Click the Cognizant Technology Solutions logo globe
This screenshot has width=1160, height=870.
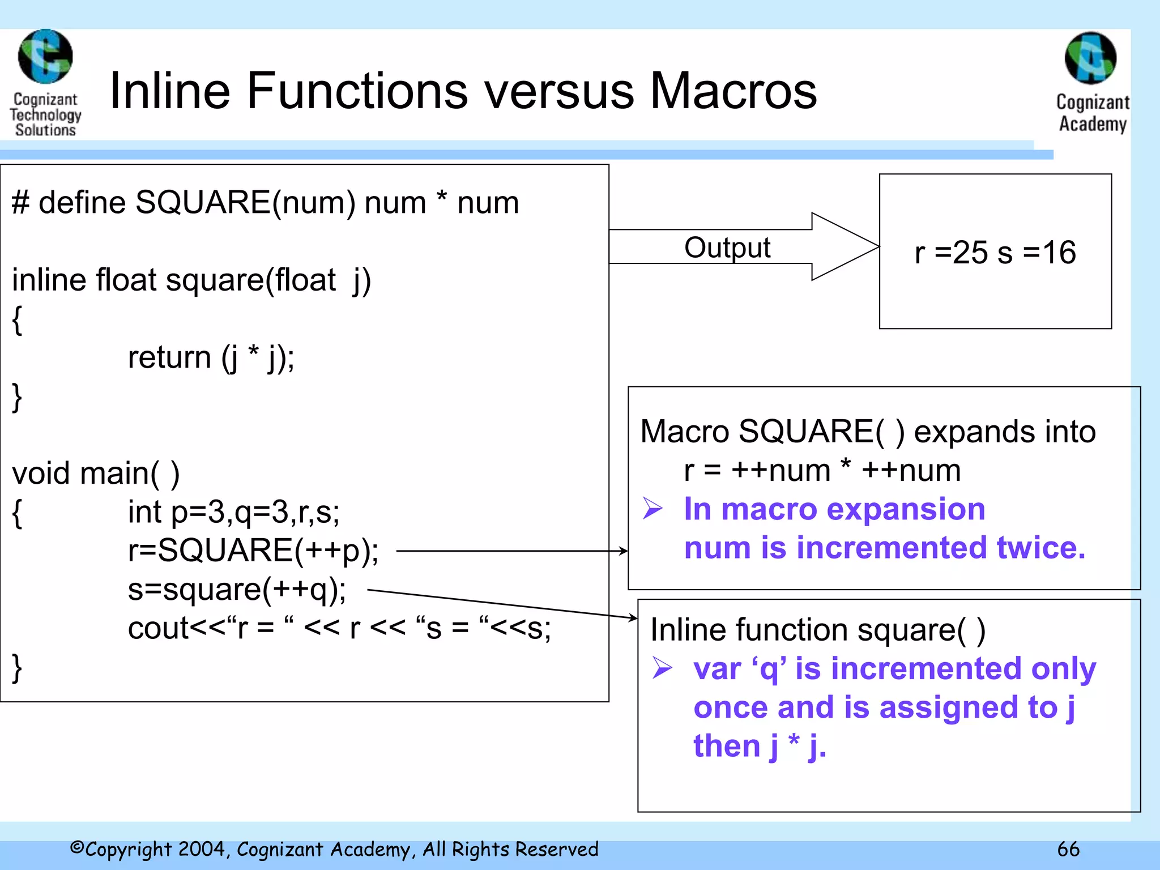pos(45,57)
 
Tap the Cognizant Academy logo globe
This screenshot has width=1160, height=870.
pos(1090,58)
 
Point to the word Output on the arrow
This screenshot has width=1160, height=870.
pos(727,248)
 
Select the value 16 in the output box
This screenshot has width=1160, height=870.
pos(1059,253)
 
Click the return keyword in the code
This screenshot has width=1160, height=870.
pos(169,357)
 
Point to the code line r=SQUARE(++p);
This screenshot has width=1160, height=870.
pos(253,550)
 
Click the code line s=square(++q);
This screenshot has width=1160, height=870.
pos(237,589)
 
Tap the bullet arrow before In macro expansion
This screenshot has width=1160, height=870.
pos(652,508)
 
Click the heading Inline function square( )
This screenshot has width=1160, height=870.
pos(817,630)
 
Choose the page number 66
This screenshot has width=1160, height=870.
pos(1068,849)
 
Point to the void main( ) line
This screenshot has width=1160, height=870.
pos(96,473)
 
